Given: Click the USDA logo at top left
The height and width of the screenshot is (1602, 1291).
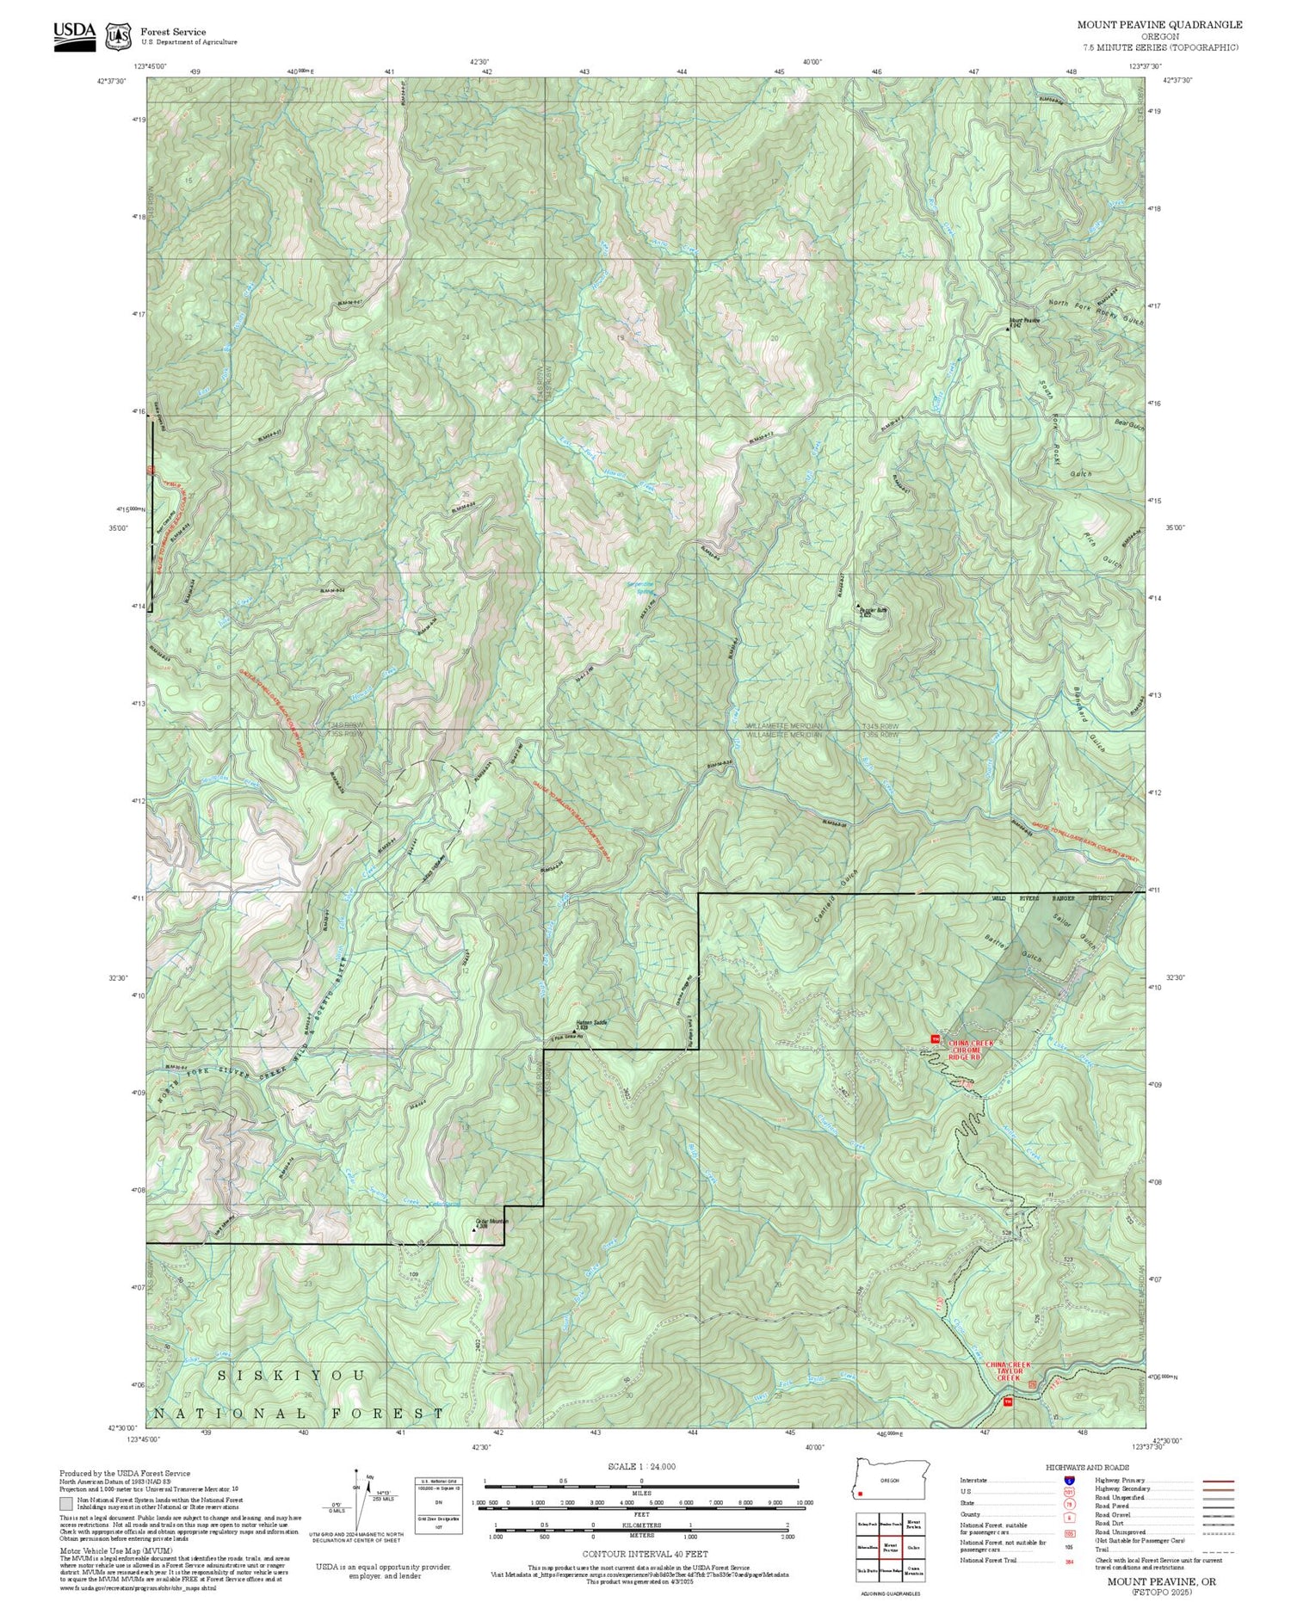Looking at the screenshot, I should (x=74, y=31).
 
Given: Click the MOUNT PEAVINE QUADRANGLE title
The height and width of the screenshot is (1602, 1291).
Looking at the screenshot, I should (x=1159, y=25).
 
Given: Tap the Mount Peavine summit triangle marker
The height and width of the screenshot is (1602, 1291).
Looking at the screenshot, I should (x=1009, y=328).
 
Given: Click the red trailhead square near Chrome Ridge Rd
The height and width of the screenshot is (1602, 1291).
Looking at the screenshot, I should (x=936, y=1039).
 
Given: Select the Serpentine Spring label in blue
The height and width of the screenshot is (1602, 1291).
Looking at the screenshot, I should (x=643, y=588).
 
